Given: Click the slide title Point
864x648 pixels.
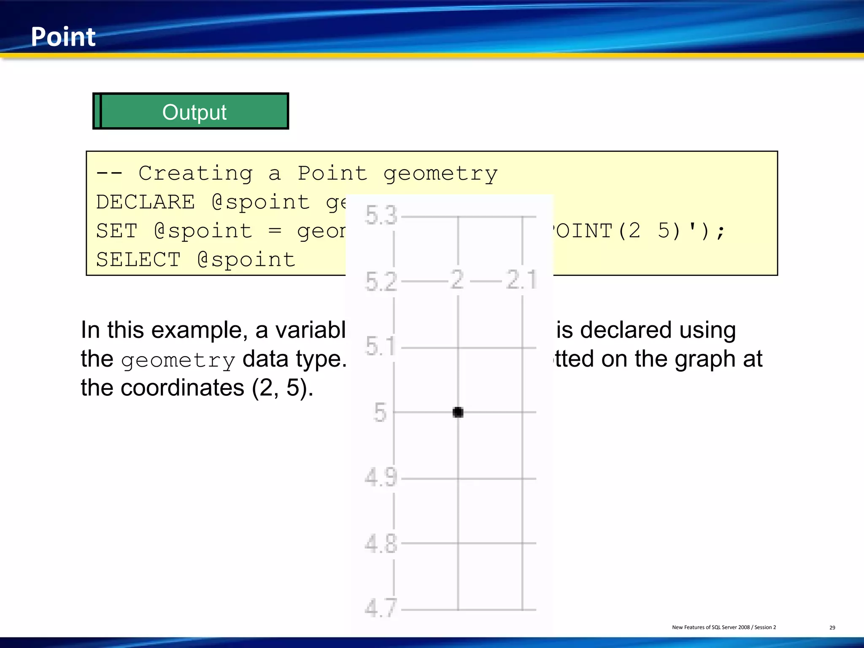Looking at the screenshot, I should point(63,37).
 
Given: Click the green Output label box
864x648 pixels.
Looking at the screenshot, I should point(191,111).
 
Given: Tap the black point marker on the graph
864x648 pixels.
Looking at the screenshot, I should point(458,412).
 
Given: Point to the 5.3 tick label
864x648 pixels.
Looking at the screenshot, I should point(381,215).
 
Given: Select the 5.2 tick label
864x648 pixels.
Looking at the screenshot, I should point(381,281).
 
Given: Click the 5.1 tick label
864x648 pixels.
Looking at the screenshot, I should point(380,346).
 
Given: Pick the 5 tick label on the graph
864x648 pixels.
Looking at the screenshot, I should point(380,412).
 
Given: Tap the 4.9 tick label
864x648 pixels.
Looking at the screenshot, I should point(381,478).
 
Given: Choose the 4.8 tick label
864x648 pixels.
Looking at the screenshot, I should point(381,543).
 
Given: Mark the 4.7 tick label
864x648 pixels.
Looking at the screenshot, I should point(381,608).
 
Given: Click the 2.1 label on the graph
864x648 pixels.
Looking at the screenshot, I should point(521,280).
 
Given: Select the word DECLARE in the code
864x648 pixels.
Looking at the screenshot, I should point(146,202).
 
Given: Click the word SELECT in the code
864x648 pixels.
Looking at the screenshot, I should point(138,259).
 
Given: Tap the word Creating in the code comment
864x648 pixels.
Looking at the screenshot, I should point(196,173).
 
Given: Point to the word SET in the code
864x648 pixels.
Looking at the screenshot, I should point(117,231).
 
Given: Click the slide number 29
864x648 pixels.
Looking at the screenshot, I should point(832,628).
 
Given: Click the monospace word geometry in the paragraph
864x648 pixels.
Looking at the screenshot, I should point(178,360).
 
